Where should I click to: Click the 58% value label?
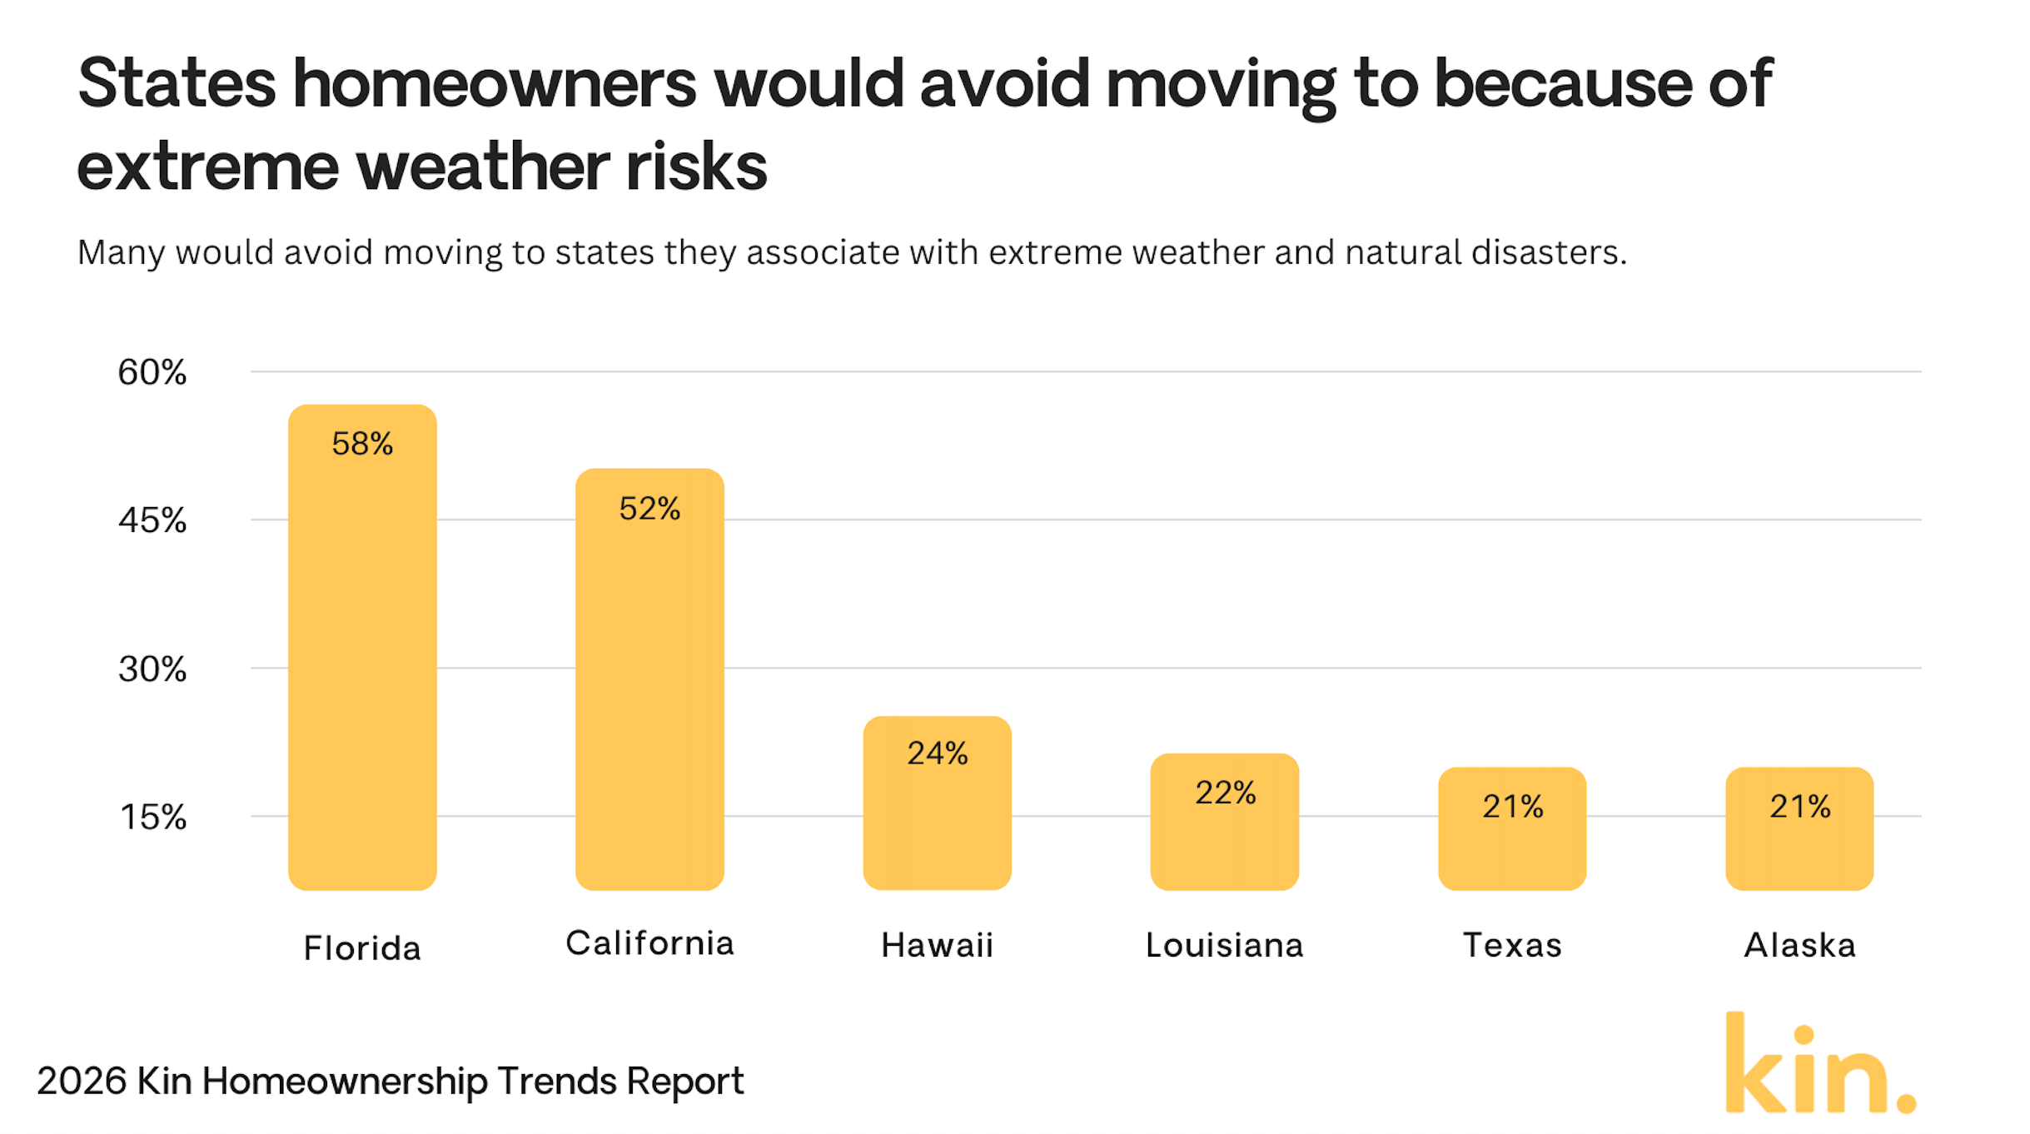[x=362, y=444]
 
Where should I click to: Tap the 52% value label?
[x=649, y=509]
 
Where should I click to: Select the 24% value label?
[x=937, y=754]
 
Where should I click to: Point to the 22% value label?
[x=1225, y=793]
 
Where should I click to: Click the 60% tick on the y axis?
[x=152, y=372]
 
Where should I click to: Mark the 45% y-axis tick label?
[x=152, y=520]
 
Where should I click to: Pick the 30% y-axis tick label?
[x=152, y=669]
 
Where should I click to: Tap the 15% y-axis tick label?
[x=153, y=817]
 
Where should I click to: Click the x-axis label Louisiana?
[x=1224, y=945]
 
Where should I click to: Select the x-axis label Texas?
[x=1512, y=945]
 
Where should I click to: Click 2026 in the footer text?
[x=82, y=1081]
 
